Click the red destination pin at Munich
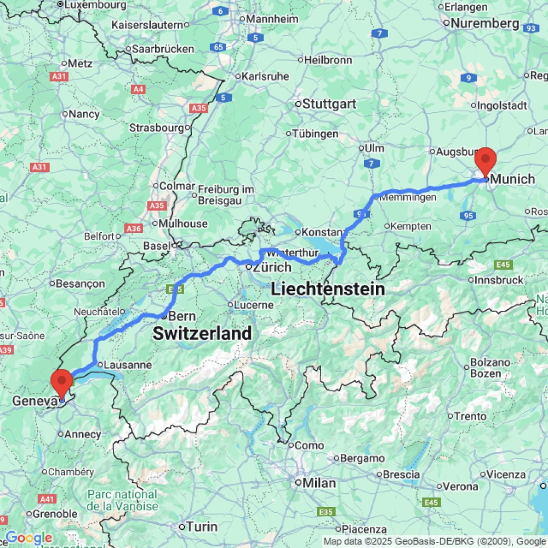pos(486,160)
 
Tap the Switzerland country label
pos(202,333)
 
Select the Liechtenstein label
pos(328,289)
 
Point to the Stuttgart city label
pos(329,104)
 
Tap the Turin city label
pos(202,527)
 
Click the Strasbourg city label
pos(156,128)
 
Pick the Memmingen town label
pos(408,197)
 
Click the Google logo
pos(28,538)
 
